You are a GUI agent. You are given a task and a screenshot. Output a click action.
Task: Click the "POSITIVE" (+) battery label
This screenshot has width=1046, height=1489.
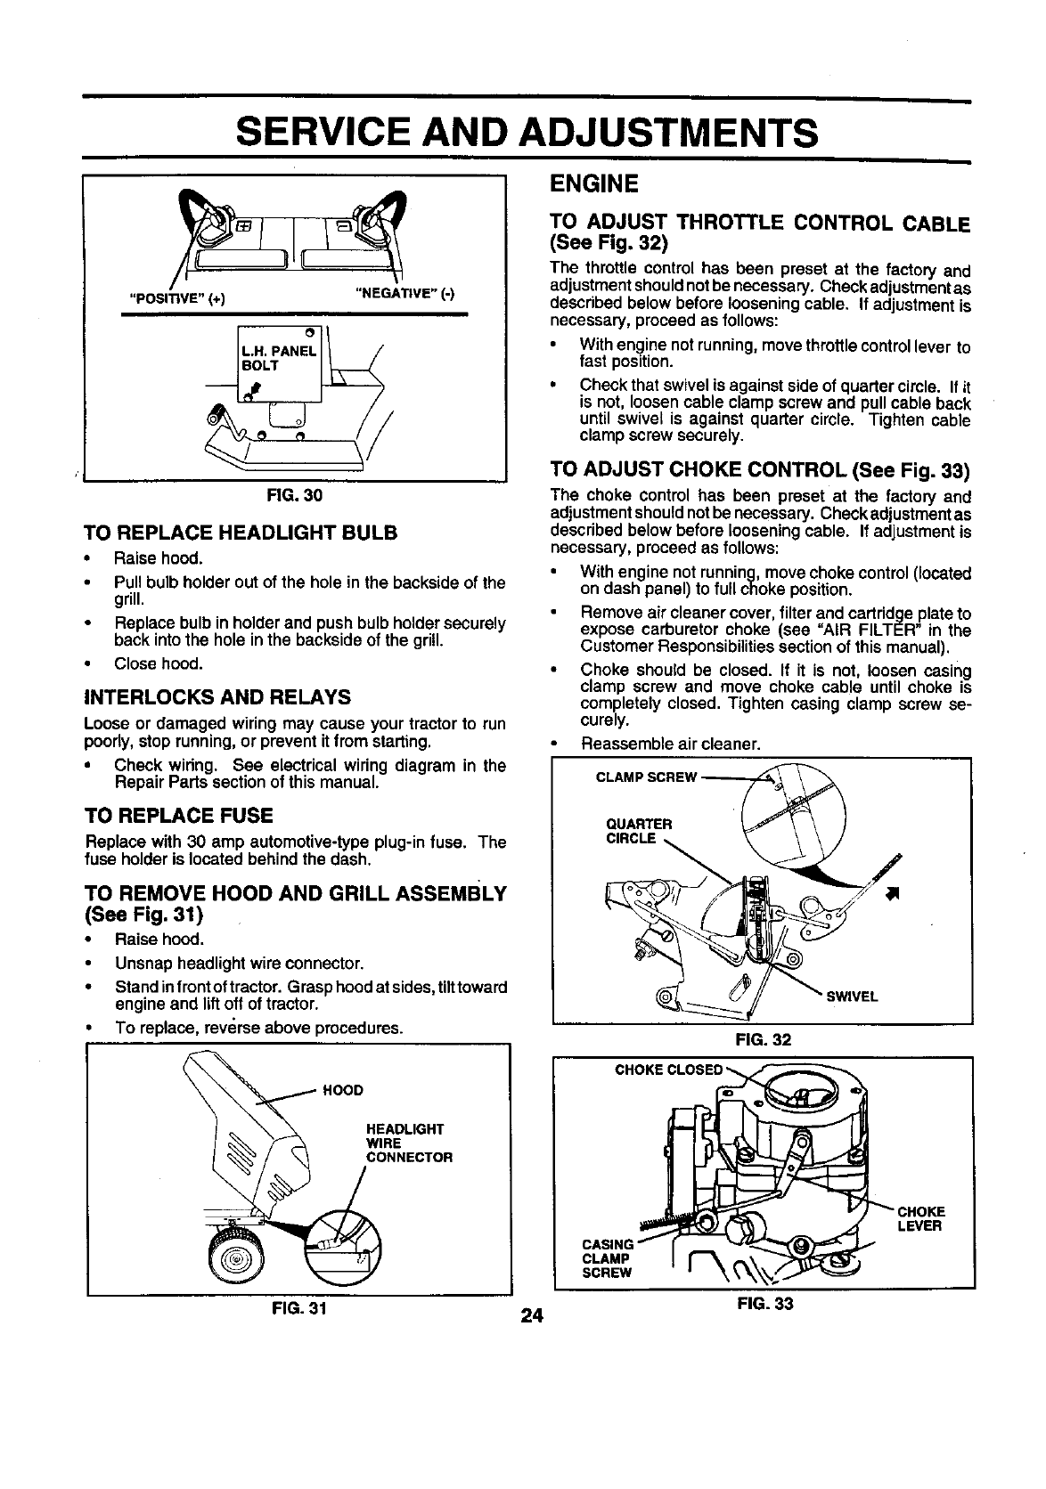pyautogui.click(x=177, y=298)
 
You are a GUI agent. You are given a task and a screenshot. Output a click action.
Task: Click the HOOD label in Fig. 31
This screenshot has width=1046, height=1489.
pyautogui.click(x=342, y=1090)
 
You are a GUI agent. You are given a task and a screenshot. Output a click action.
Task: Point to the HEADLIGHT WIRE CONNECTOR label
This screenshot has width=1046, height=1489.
pyautogui.click(x=405, y=1143)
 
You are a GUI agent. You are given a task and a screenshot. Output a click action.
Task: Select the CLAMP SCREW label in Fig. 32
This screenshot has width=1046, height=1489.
pyautogui.click(x=646, y=777)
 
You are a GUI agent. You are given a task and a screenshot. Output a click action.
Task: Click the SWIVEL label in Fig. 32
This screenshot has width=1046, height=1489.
pyautogui.click(x=853, y=997)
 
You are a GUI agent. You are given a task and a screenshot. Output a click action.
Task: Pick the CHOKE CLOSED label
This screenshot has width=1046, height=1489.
pyautogui.click(x=668, y=1070)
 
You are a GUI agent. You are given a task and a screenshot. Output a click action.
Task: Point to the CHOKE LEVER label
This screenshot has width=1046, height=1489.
pyautogui.click(x=919, y=1218)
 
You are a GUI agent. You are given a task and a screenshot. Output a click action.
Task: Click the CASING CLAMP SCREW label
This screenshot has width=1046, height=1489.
pyautogui.click(x=606, y=1257)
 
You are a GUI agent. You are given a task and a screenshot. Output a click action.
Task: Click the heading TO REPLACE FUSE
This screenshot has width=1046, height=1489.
pyautogui.click(x=178, y=816)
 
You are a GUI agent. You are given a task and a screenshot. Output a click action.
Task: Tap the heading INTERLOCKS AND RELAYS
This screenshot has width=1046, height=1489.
pyautogui.click(x=217, y=696)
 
